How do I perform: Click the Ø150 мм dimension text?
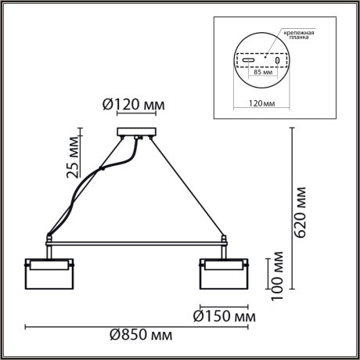pos(225,317)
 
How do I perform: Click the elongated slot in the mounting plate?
pos(247,60)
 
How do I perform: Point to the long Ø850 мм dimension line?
pos(140,326)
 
